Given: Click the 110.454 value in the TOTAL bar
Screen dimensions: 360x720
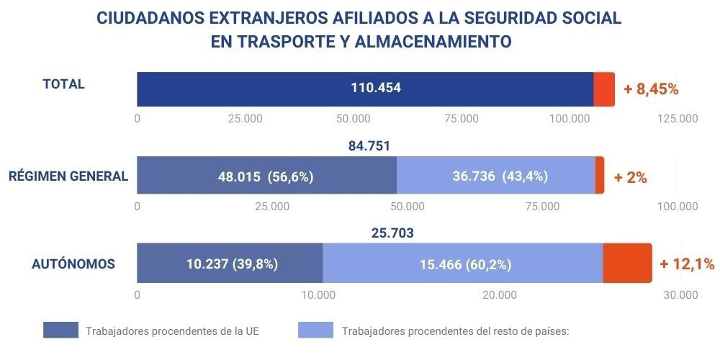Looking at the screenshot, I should (x=376, y=89).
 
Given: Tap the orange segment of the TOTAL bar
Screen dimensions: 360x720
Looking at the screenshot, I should (x=604, y=89).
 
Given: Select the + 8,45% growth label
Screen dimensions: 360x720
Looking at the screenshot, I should (x=651, y=89).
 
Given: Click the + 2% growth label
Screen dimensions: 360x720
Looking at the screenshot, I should (x=630, y=176).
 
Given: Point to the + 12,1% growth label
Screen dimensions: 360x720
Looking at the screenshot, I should (x=686, y=264).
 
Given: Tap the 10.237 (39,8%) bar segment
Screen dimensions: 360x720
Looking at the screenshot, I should (x=230, y=264).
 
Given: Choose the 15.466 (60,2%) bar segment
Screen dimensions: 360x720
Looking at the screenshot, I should (x=463, y=264).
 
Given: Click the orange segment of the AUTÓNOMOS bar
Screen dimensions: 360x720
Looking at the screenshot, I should (x=626, y=264).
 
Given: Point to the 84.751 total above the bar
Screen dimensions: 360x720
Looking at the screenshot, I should (x=369, y=146).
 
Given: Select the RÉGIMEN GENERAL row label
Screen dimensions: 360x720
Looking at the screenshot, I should (x=68, y=176).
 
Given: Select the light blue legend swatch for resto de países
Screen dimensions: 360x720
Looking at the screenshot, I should (x=315, y=330).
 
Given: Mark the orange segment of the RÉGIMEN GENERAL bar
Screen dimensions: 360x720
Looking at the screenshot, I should (x=600, y=176).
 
